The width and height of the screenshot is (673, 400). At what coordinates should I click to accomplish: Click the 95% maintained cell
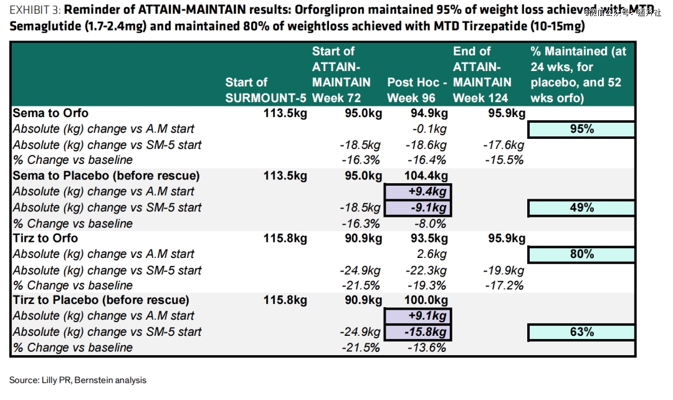pyautogui.click(x=581, y=129)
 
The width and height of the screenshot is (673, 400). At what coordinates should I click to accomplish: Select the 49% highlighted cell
pyautogui.click(x=581, y=207)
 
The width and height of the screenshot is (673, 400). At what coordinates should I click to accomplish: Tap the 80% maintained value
pyautogui.click(x=581, y=254)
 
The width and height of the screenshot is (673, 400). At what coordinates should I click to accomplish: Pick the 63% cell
pyautogui.click(x=581, y=332)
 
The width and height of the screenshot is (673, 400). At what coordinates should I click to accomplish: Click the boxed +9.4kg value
pyautogui.click(x=418, y=191)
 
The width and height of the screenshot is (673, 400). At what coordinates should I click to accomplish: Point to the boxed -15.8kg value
pyautogui.click(x=418, y=332)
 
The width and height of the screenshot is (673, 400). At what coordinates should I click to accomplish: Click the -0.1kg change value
pyautogui.click(x=429, y=129)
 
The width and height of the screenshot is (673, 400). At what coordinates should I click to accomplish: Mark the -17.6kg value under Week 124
pyautogui.click(x=503, y=145)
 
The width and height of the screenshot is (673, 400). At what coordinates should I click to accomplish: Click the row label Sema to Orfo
pyautogui.click(x=50, y=113)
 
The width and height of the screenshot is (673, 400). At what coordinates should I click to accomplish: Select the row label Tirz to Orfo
pyautogui.click(x=45, y=238)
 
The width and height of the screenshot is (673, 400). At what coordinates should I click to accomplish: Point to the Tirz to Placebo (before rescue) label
pyautogui.click(x=106, y=300)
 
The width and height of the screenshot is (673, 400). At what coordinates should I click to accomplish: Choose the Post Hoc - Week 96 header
pyautogui.click(x=417, y=90)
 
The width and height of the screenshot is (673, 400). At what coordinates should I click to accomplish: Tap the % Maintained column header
pyautogui.click(x=578, y=74)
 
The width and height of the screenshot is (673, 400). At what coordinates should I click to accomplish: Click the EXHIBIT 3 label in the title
pyautogui.click(x=34, y=10)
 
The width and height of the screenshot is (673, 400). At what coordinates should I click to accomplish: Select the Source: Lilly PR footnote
pyautogui.click(x=78, y=379)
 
